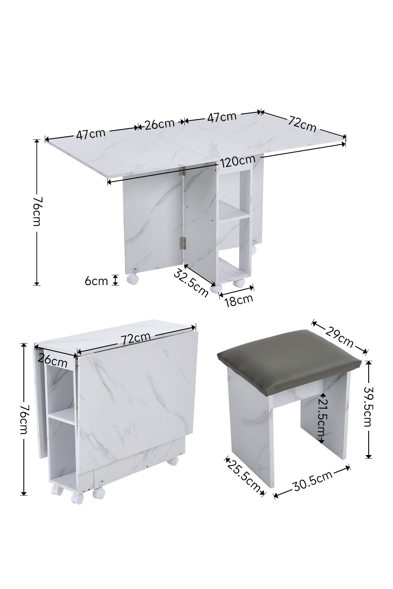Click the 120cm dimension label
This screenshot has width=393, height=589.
238,161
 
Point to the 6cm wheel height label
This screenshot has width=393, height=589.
96,281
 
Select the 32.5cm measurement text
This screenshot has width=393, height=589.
190,283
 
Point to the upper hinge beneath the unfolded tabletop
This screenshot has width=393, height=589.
182,170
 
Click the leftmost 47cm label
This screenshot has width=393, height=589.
91,134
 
